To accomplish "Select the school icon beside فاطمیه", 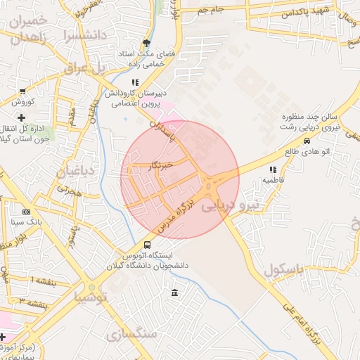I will pyautogui.click(x=273, y=169).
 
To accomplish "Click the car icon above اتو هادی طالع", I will pyautogui.click(x=306, y=141).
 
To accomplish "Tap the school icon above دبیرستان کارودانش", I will pyautogui.click(x=135, y=82).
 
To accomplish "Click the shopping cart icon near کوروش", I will pyautogui.click(x=23, y=91).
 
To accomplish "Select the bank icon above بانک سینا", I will pyautogui.click(x=26, y=211).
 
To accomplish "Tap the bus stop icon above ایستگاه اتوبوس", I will pyautogui.click(x=146, y=244).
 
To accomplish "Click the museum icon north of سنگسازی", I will pyautogui.click(x=174, y=292).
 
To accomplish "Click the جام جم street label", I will pyautogui.click(x=210, y=10).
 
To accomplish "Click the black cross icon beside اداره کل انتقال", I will pyautogui.click(x=22, y=117).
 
